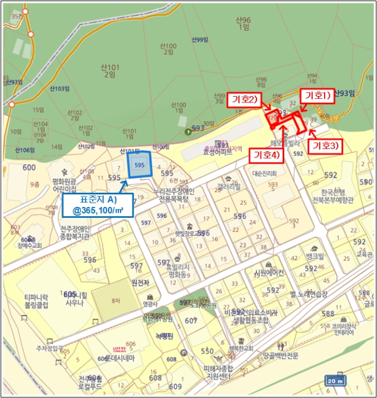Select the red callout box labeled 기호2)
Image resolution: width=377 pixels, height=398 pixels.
[245, 100]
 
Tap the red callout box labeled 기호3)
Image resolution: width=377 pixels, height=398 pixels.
[326, 146]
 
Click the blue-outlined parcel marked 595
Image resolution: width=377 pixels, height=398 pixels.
[139, 165]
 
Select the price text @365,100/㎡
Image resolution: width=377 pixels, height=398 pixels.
[98, 211]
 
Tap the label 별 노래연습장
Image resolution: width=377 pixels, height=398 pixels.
[309, 295]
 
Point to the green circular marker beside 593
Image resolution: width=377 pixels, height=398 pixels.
[188, 132]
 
